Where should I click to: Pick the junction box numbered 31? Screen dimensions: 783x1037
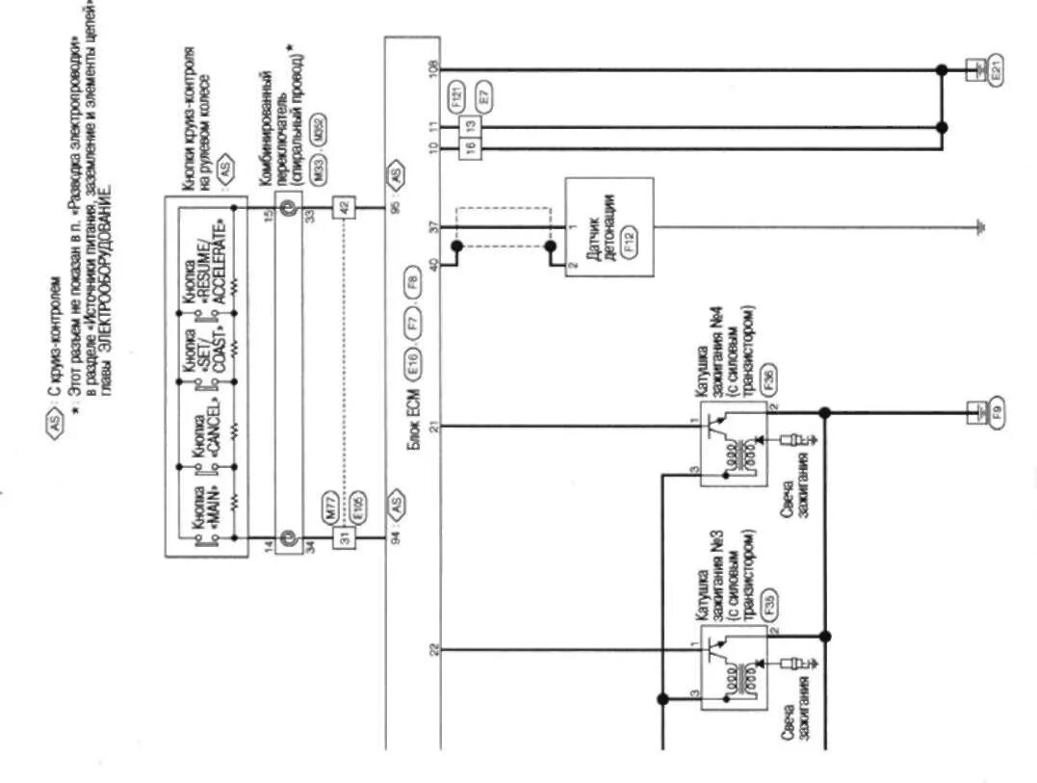[x=342, y=537]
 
